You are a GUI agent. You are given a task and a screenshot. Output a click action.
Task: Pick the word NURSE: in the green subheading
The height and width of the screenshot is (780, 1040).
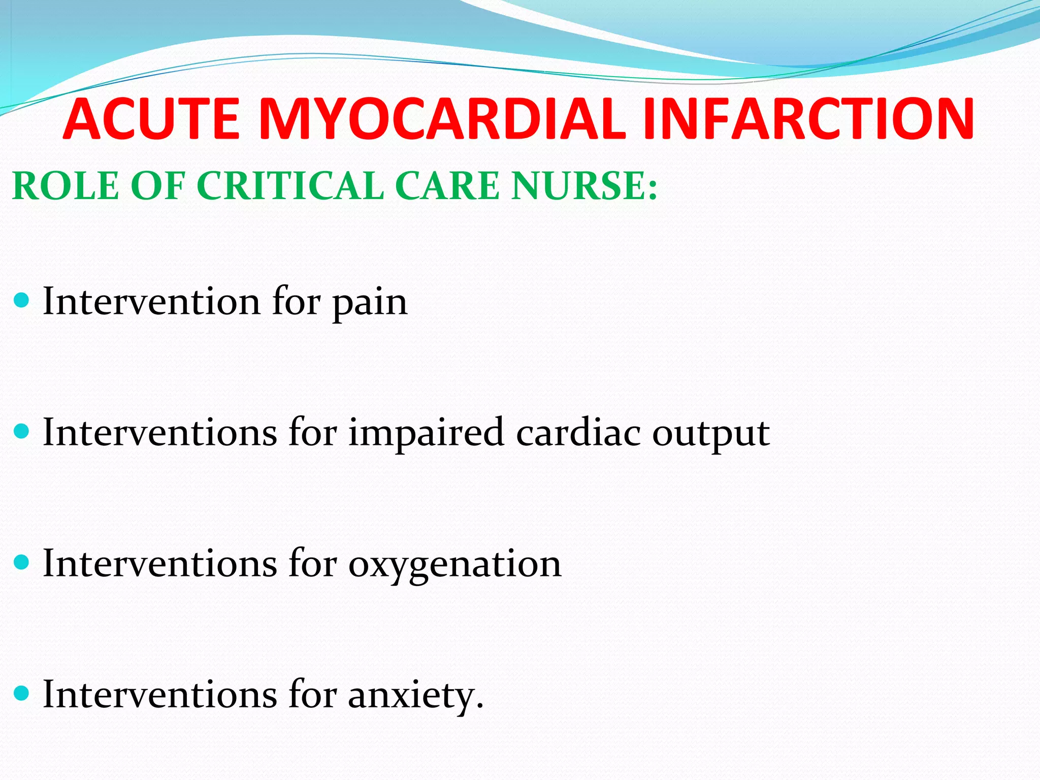584,186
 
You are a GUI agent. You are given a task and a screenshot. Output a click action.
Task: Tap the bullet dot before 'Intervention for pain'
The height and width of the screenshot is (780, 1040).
23,301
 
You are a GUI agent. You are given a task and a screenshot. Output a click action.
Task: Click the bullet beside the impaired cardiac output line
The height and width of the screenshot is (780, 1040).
23,432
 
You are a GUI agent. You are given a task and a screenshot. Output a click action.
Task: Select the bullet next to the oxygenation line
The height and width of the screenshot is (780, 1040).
23,563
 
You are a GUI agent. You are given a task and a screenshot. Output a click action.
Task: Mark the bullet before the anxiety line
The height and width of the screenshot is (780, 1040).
23,694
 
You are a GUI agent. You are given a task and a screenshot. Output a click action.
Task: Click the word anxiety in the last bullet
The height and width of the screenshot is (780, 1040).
415,696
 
